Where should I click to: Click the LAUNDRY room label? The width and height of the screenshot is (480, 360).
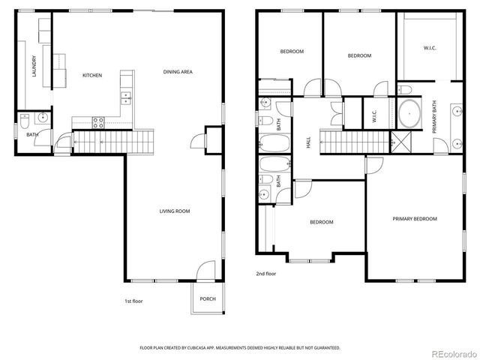click(34, 67)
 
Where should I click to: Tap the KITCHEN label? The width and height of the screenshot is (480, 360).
click(92, 75)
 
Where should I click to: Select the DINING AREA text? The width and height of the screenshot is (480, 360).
click(178, 72)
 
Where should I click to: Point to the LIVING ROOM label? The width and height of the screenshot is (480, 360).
click(174, 211)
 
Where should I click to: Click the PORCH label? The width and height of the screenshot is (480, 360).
click(208, 298)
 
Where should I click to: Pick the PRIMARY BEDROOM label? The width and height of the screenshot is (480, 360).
click(415, 219)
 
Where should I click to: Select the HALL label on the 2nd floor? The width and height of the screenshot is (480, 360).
click(308, 142)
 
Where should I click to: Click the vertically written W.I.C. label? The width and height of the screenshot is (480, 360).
click(374, 117)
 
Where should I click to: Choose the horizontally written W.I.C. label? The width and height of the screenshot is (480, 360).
click(430, 49)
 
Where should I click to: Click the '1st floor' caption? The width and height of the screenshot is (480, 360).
click(133, 301)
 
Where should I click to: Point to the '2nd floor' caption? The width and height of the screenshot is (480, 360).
click(266, 274)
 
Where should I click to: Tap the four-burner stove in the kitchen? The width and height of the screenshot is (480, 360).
click(98, 121)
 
